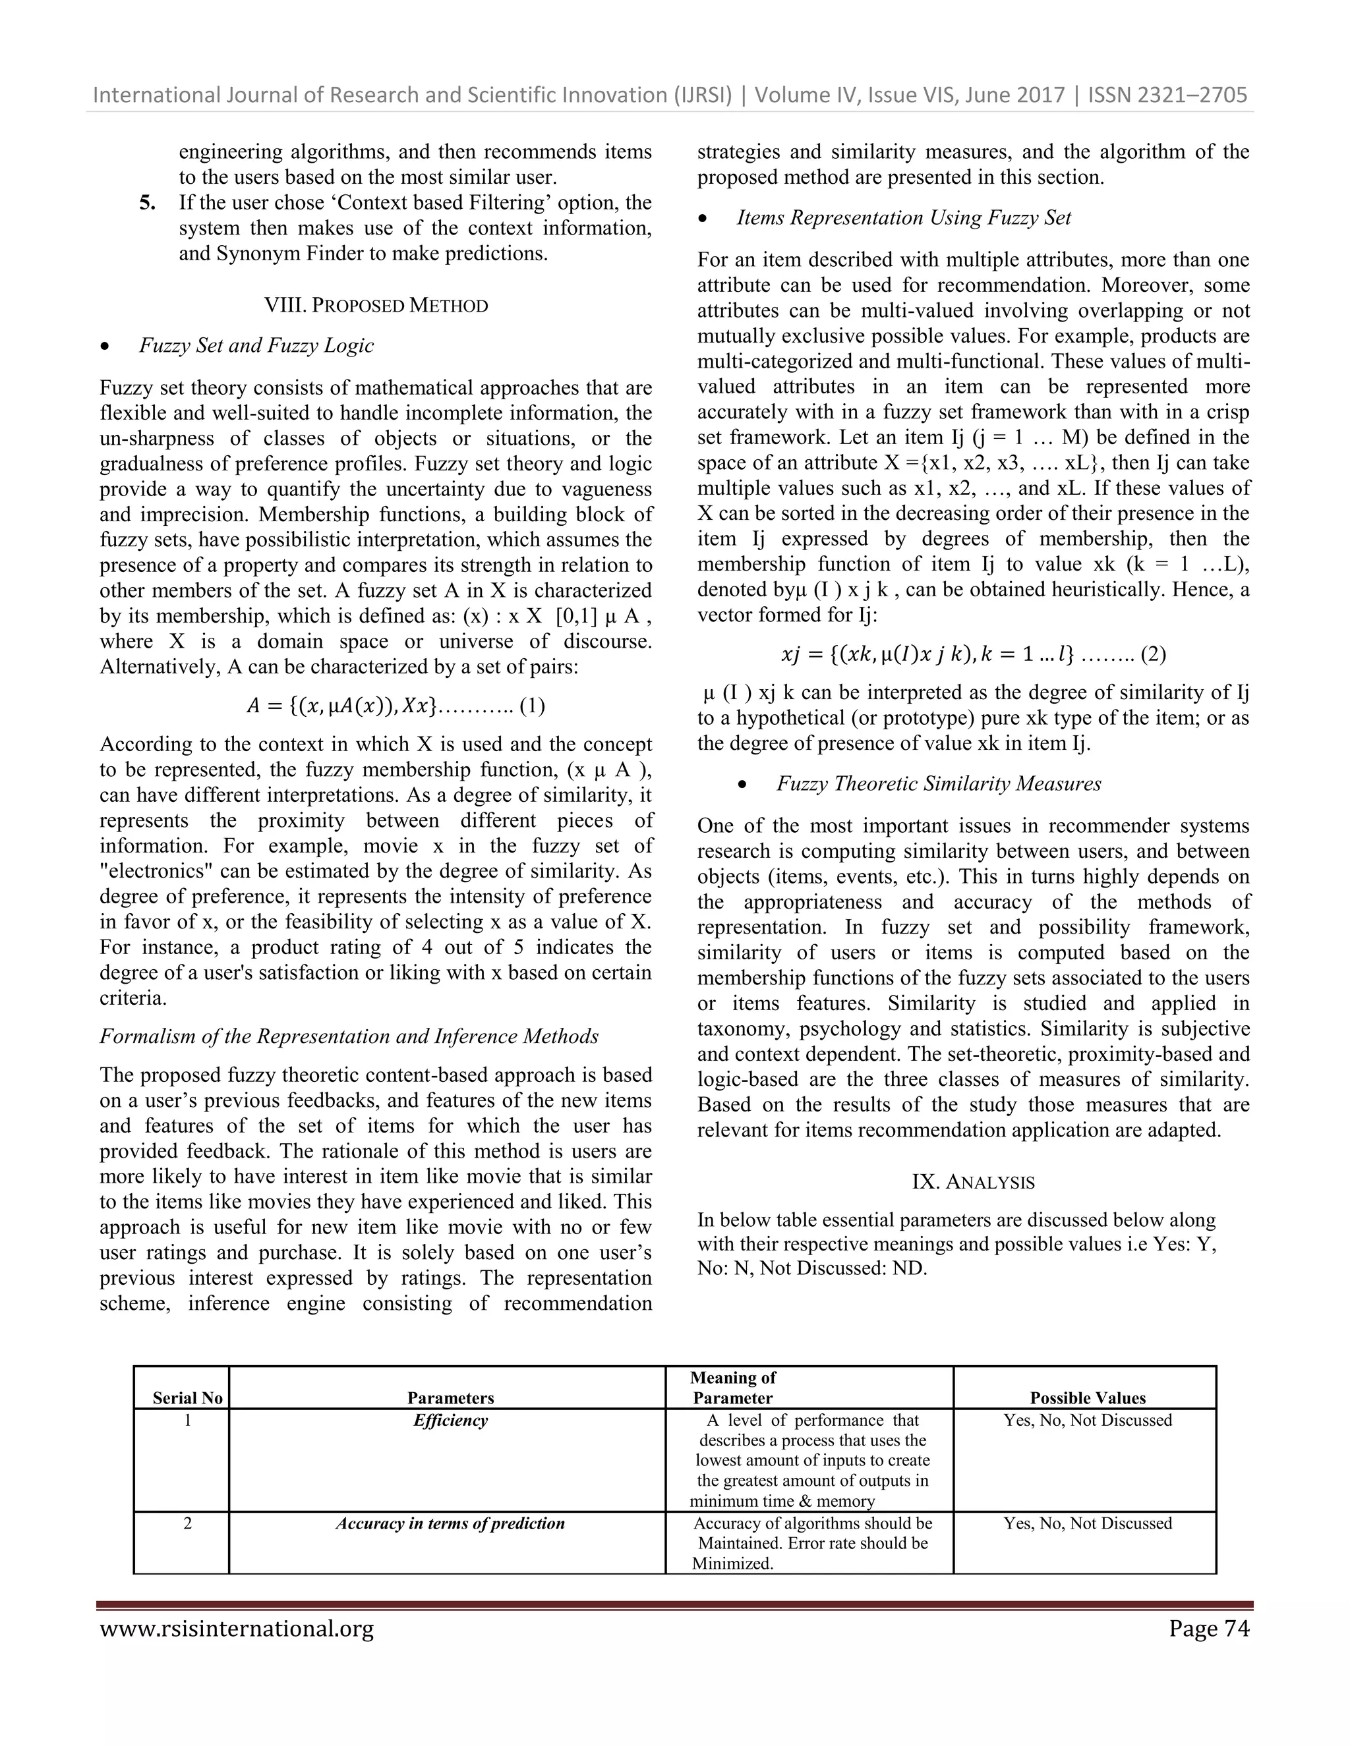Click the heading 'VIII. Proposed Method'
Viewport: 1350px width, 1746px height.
tap(376, 306)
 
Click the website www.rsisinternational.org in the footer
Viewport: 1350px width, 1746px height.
tap(237, 1629)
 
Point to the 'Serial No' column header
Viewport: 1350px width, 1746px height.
tap(187, 1397)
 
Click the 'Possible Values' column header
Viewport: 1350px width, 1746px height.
tap(1087, 1397)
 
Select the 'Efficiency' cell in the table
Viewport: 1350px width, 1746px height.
tap(450, 1420)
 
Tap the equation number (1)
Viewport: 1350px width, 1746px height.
tap(532, 706)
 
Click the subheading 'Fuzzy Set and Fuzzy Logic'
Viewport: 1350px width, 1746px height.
tap(256, 345)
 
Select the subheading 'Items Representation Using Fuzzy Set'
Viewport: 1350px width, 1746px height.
tap(904, 217)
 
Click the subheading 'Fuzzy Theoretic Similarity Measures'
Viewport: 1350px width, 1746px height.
tap(939, 783)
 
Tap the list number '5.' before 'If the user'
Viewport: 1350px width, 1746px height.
tap(148, 202)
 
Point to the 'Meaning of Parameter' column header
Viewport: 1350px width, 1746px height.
tap(732, 1388)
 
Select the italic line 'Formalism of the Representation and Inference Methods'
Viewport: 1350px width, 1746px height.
tap(349, 1036)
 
